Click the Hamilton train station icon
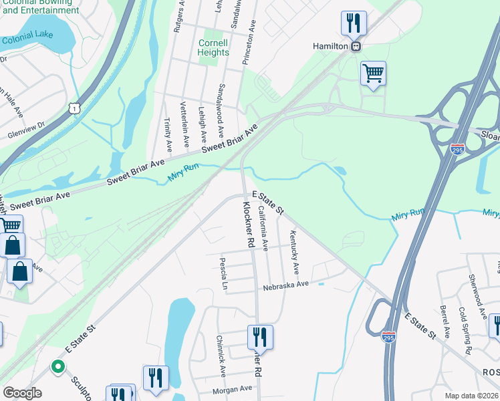coord(357,46)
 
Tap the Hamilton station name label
coord(331,46)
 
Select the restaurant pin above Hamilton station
coord(353,23)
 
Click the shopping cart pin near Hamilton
coord(373,73)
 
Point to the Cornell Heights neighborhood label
coord(213,47)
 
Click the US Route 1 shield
coord(74,108)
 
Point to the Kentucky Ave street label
coord(293,252)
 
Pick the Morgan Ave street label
coord(232,388)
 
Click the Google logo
coord(22,392)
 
